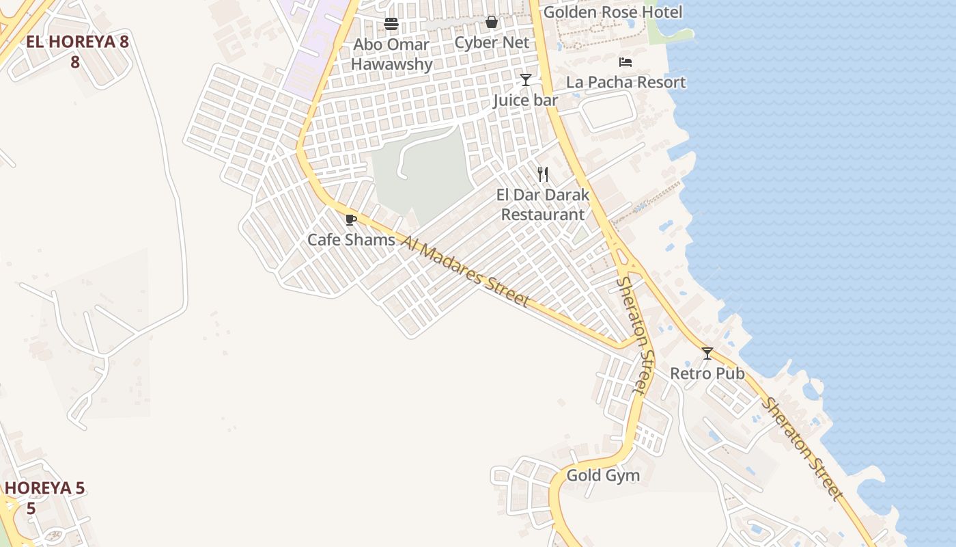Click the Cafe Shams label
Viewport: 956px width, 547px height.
coord(351,240)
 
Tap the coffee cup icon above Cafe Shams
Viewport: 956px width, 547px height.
coord(351,219)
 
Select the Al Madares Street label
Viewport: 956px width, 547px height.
coord(465,271)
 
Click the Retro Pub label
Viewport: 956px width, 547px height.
coord(707,374)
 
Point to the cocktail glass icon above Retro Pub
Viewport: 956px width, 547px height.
coord(707,353)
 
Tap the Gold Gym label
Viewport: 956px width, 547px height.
coord(603,475)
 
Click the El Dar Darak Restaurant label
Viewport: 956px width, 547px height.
coord(543,204)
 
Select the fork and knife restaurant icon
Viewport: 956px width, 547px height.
coord(542,174)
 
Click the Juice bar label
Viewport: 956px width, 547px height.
coord(525,101)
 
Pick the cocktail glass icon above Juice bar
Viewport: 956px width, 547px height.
coord(525,80)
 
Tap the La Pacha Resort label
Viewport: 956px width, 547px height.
coord(625,83)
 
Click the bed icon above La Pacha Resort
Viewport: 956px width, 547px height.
coord(625,62)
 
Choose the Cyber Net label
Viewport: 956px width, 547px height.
coord(492,43)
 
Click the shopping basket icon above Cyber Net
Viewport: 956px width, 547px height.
coord(492,23)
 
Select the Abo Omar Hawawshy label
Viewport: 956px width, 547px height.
coord(391,55)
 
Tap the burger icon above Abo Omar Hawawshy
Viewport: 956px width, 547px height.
coord(391,24)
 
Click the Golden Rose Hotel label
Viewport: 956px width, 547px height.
coord(613,12)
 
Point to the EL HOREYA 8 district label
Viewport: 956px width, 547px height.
coord(76,51)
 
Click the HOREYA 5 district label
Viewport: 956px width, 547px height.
coord(44,498)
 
